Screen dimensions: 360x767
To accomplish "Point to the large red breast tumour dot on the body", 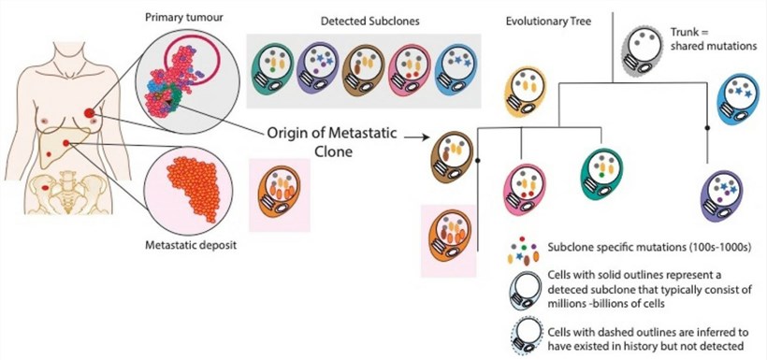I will point(89,114).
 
